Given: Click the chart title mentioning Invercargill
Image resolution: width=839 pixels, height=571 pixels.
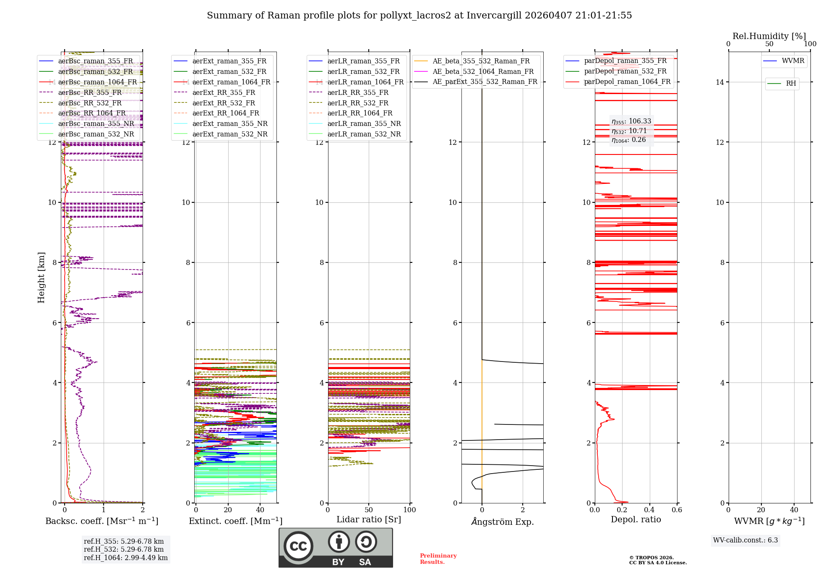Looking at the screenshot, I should (419, 16).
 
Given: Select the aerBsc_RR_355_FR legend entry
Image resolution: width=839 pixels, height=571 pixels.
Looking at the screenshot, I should (90, 92).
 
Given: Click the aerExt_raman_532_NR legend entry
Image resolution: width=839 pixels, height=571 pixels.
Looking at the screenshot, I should (229, 134).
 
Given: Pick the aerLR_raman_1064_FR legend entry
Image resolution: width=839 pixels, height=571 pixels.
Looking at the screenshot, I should (365, 82).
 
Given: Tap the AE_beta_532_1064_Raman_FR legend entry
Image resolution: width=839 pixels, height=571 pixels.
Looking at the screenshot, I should (483, 71).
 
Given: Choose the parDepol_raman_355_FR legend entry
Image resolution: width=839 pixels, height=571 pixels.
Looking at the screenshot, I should (625, 61).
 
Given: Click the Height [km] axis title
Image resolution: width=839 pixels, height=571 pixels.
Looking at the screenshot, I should (41, 278).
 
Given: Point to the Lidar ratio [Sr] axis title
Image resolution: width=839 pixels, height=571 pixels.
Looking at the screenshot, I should (368, 519).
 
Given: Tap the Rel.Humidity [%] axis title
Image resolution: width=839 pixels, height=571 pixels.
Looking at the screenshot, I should (769, 36).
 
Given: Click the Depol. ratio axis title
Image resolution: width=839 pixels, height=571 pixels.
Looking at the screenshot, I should (636, 519).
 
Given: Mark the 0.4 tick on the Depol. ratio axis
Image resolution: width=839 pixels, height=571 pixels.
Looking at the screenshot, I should (649, 510).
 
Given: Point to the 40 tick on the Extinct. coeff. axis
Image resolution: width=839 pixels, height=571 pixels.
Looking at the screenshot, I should (260, 510).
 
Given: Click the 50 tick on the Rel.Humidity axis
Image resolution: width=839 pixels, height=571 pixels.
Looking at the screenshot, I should (769, 44).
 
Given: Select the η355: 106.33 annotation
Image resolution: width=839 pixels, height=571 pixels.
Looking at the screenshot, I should (631, 121).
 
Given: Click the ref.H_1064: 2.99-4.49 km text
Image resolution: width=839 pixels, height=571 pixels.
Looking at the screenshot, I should (125, 558).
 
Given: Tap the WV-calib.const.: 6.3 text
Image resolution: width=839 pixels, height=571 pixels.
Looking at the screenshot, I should (745, 540).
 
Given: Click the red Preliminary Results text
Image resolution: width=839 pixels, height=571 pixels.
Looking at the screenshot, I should (438, 558).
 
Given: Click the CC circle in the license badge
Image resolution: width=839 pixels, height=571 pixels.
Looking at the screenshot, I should (298, 546).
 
